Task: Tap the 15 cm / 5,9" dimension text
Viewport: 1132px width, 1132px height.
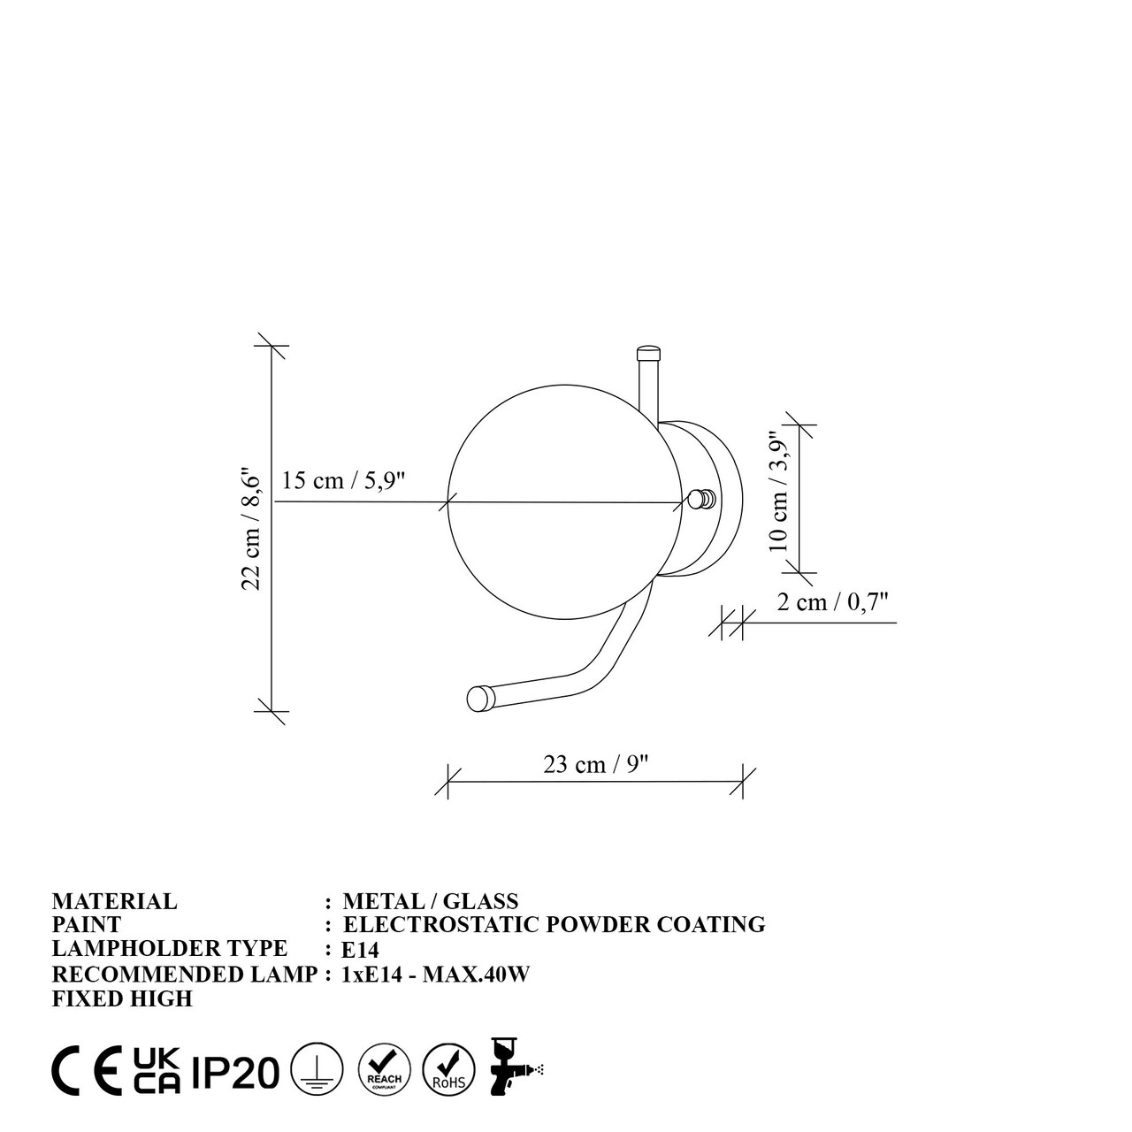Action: coord(344,480)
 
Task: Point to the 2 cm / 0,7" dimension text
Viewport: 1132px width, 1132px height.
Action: coord(832,601)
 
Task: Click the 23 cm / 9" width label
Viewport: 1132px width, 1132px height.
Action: coord(595,764)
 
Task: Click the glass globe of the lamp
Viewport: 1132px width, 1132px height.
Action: coord(564,502)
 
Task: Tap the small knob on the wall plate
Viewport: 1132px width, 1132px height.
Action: coord(701,500)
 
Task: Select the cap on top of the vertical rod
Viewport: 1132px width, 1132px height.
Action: coord(648,353)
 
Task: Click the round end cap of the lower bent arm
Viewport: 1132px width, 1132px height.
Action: coord(480,699)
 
